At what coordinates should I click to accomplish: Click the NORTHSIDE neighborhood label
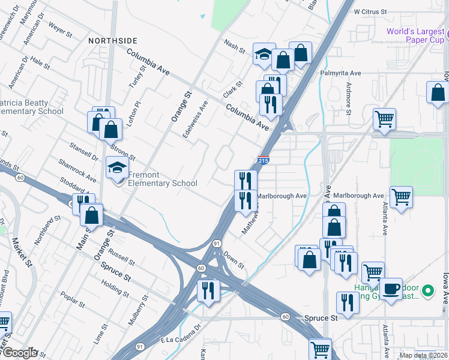pyautogui.click(x=113, y=41)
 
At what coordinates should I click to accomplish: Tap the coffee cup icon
pyautogui.click(x=391, y=289)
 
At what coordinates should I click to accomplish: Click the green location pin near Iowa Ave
pyautogui.click(x=427, y=292)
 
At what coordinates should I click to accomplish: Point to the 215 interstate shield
pyautogui.click(x=263, y=160)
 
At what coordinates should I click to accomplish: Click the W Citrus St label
pyautogui.click(x=379, y=11)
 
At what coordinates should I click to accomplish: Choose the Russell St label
pyautogui.click(x=122, y=255)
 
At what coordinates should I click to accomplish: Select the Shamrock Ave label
pyautogui.click(x=77, y=170)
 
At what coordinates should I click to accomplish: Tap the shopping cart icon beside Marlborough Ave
pyautogui.click(x=400, y=196)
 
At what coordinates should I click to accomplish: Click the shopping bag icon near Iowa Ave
pyautogui.click(x=438, y=92)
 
